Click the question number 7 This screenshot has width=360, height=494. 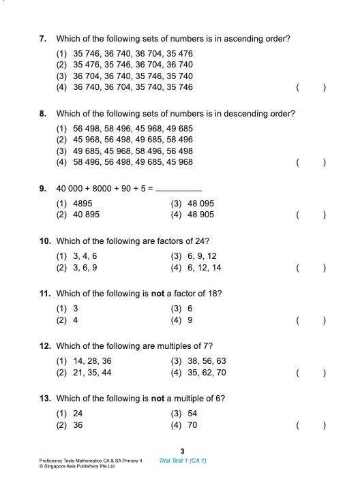pos(42,39)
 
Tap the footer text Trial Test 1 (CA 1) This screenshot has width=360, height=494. pos(182,461)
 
